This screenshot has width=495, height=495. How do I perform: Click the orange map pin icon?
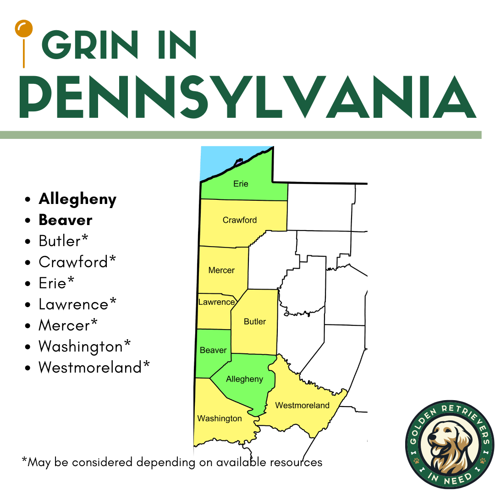point(23,30)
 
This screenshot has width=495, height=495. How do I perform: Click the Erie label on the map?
point(241,184)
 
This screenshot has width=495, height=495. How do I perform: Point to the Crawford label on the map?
point(240,220)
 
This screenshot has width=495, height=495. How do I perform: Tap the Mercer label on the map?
point(221,270)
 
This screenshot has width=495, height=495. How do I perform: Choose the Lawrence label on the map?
point(216,302)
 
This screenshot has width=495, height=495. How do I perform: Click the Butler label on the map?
point(255,322)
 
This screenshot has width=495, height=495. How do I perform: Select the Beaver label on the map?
point(213,350)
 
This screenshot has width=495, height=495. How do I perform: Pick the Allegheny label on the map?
point(245,379)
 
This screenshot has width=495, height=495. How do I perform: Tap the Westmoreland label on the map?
point(302,405)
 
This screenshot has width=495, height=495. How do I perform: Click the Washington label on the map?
point(220,418)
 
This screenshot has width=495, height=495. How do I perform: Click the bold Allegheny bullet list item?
point(77,199)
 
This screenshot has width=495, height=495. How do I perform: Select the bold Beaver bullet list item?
point(66,220)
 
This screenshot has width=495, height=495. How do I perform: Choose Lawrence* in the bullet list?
point(77,304)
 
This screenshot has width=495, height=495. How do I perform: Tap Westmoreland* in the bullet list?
point(94,367)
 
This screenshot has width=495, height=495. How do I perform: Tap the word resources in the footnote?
point(294,462)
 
